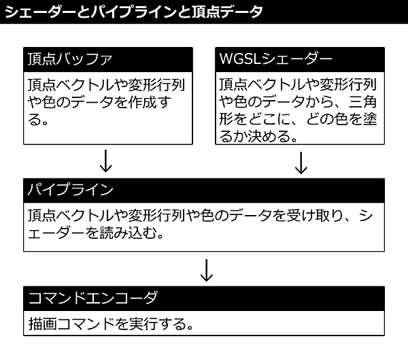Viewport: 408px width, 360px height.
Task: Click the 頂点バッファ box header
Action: click(107, 59)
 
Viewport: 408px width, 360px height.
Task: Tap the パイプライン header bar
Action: click(204, 189)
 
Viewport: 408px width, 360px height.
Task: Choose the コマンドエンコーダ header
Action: click(204, 298)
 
